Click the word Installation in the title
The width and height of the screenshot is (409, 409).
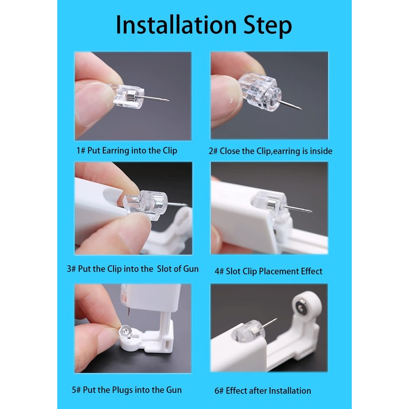(176, 25)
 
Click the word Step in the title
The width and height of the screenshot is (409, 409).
(267, 26)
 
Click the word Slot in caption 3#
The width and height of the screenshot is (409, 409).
(164, 269)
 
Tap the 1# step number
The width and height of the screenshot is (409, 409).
(81, 151)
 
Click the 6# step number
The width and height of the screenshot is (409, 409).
(219, 391)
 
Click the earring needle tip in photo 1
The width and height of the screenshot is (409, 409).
(169, 100)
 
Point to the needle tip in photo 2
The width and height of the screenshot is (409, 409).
(301, 109)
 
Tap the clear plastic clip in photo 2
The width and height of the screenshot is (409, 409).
(260, 92)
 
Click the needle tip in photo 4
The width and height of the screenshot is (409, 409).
(311, 211)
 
